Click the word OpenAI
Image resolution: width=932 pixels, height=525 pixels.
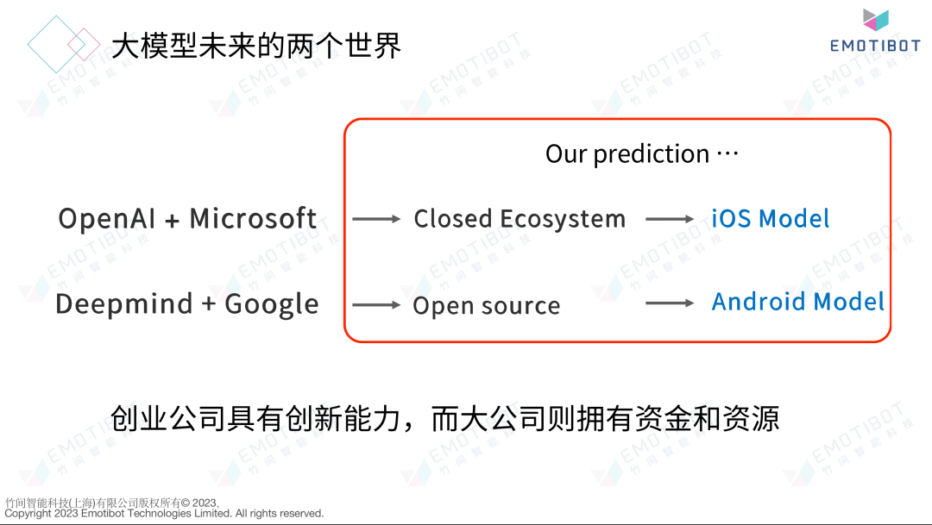click(x=107, y=219)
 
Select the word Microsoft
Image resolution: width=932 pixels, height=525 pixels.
click(x=253, y=218)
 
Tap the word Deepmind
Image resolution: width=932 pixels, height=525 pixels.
click(x=124, y=303)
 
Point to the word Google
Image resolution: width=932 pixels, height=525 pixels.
click(x=271, y=304)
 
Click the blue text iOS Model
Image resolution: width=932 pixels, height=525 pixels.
click(x=771, y=219)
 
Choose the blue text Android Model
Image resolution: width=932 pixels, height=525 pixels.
click(x=798, y=302)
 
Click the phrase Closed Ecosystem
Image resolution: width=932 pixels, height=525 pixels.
click(x=520, y=219)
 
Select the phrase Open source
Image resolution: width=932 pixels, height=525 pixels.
click(x=486, y=306)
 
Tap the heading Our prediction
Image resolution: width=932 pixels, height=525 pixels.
click(x=627, y=154)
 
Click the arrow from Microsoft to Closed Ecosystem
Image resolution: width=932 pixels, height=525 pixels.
click(x=376, y=219)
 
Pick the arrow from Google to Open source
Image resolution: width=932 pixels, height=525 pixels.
click(x=376, y=305)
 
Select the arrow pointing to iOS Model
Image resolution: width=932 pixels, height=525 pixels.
click(x=670, y=219)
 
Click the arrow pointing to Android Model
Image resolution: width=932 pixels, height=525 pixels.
click(x=670, y=303)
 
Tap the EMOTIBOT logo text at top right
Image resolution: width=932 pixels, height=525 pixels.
click(x=875, y=46)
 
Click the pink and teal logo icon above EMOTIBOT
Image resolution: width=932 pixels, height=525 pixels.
click(x=876, y=20)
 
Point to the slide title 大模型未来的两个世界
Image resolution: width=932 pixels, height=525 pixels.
click(x=257, y=46)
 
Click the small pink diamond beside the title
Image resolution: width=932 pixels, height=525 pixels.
click(x=84, y=44)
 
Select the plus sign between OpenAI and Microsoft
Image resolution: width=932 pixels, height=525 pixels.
click(x=173, y=221)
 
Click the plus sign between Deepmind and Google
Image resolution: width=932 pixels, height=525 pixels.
click(x=209, y=305)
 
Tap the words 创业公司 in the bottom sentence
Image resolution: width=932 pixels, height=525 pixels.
click(x=168, y=419)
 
